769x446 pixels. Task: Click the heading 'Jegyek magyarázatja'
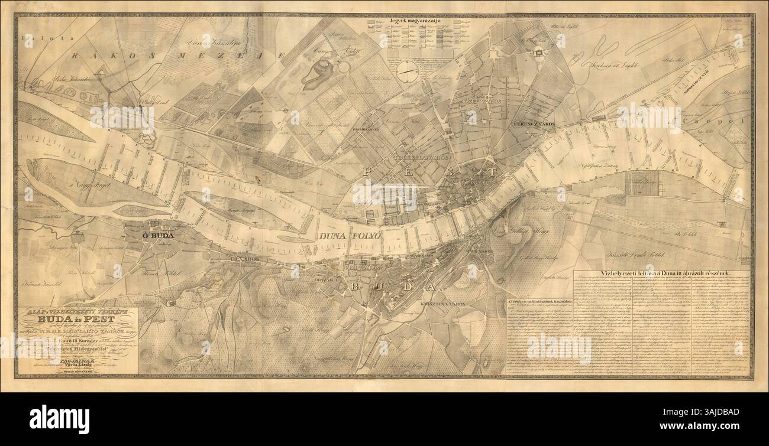tap(411, 21)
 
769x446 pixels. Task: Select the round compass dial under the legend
tap(407, 71)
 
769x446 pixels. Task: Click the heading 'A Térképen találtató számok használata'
tap(538, 302)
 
